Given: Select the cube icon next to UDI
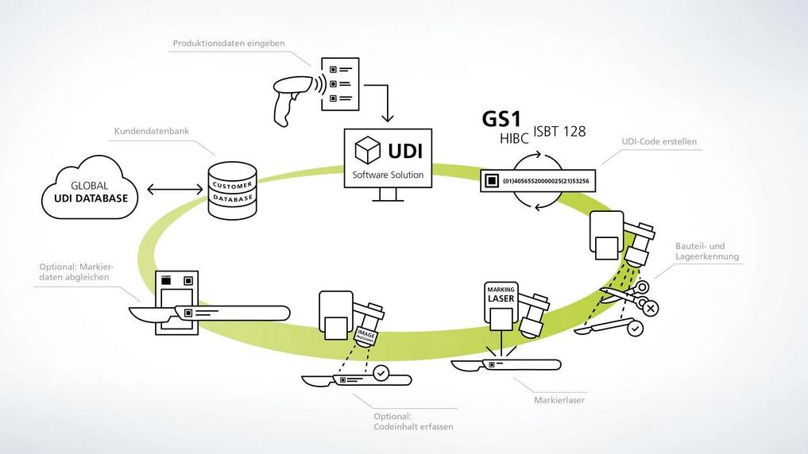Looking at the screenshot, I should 367,150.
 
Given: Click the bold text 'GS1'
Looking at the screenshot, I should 501,119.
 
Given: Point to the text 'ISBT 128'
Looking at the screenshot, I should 559,132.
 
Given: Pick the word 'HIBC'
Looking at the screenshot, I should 514,139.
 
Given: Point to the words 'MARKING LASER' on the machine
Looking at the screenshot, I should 501,294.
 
